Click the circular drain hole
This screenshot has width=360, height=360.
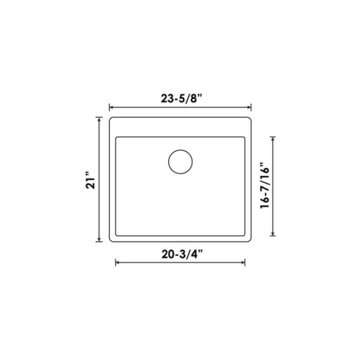click(180, 161)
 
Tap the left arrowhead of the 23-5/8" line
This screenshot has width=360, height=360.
click(111, 107)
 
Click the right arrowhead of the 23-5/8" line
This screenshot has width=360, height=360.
click(249, 107)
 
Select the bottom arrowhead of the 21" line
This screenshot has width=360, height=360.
click(99, 240)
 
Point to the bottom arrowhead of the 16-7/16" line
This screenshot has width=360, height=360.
click(273, 234)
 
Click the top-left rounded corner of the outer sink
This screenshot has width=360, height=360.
click(111, 120)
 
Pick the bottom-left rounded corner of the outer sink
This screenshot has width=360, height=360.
click(111, 240)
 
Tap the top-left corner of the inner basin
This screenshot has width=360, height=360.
click(116, 138)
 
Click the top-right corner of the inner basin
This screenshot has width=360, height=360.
click(244, 138)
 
